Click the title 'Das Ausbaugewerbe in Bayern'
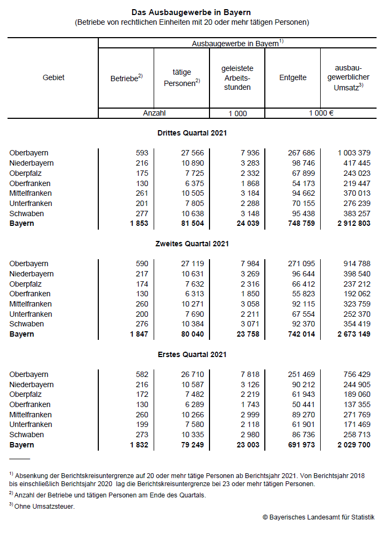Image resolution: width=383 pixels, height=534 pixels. [x=191, y=12]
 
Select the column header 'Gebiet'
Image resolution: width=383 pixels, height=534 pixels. [x=53, y=77]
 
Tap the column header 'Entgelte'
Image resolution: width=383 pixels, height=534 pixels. [x=293, y=77]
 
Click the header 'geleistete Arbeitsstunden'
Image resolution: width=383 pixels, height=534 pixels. [x=237, y=77]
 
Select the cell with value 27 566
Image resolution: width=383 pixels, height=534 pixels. [x=192, y=153]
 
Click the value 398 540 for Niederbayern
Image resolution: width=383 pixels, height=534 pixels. [x=357, y=274]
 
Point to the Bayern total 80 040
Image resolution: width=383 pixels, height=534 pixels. [x=192, y=334]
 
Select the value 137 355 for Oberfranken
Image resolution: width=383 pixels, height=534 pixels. [x=357, y=404]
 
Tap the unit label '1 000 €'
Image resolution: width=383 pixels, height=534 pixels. [x=321, y=113]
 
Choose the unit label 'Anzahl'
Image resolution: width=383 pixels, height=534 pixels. [x=154, y=113]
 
